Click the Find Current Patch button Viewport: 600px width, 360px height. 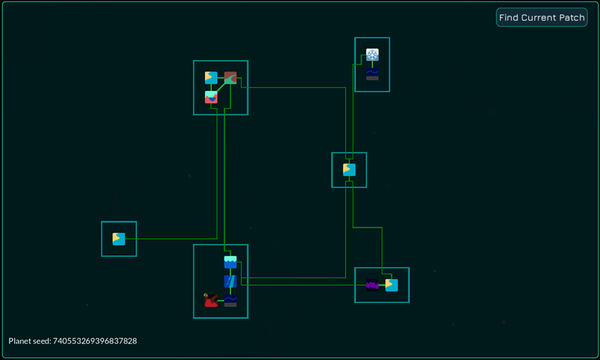(541, 17)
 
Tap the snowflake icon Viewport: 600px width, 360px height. (372, 55)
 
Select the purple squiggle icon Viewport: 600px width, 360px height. (372, 285)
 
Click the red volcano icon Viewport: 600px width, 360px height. (211, 301)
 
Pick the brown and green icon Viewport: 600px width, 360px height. (230, 78)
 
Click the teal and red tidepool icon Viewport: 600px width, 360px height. (211, 97)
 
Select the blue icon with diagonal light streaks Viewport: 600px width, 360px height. (230, 282)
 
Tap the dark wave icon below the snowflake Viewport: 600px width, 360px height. (372, 74)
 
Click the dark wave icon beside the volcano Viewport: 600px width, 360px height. (230, 301)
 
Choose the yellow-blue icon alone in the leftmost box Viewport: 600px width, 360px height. (119, 239)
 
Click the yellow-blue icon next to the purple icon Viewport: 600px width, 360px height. (391, 285)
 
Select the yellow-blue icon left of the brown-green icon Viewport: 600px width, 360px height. (211, 78)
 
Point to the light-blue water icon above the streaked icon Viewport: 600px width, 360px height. (230, 263)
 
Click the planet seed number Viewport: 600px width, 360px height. (94, 341)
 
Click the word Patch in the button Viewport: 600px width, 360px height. (572, 18)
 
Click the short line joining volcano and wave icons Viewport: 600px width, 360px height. (221, 301)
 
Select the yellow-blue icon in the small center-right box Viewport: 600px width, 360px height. (350, 170)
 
